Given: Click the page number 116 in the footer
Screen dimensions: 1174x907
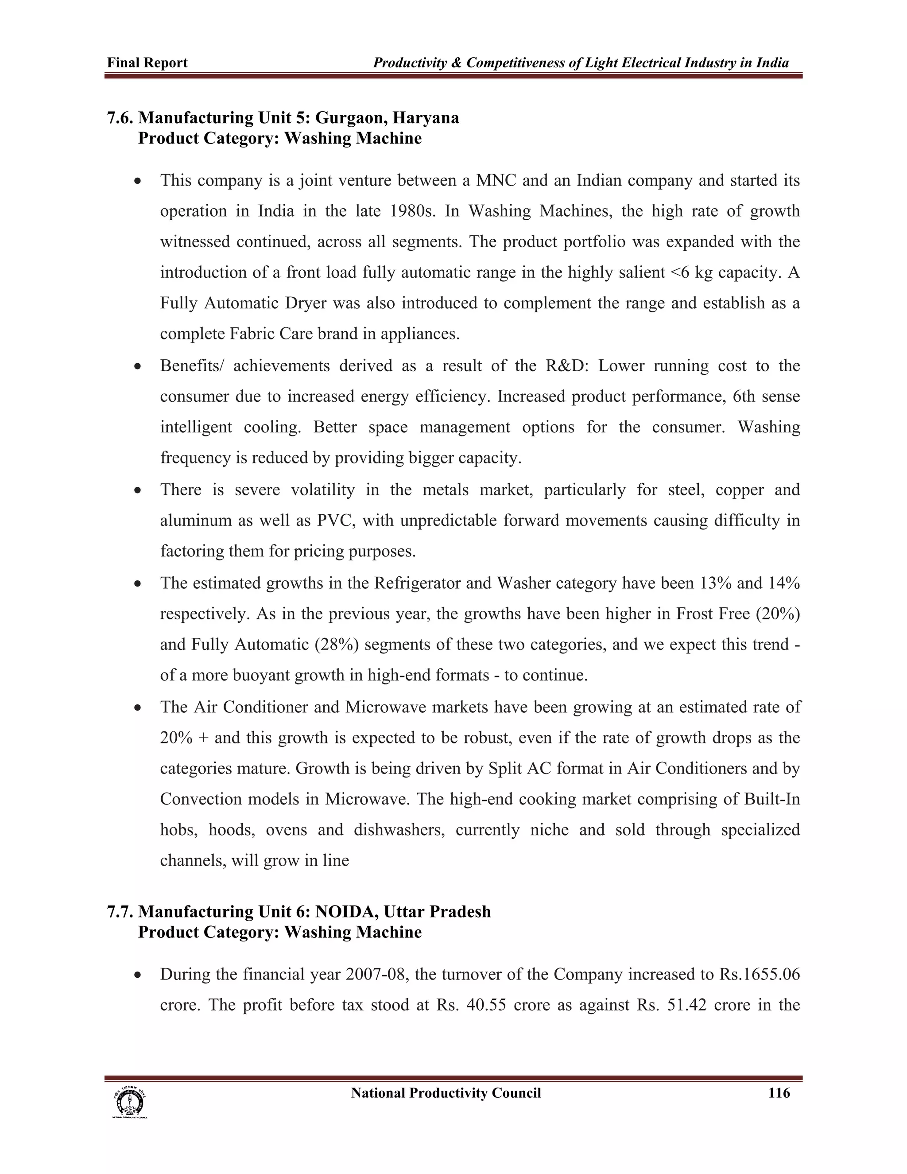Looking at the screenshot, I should tap(779, 1093).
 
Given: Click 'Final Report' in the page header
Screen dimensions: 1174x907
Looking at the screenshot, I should tap(147, 63).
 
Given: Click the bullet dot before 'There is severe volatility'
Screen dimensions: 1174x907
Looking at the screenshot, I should tap(138, 490).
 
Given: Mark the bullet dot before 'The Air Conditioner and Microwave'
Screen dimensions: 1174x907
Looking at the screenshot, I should tap(138, 708).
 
